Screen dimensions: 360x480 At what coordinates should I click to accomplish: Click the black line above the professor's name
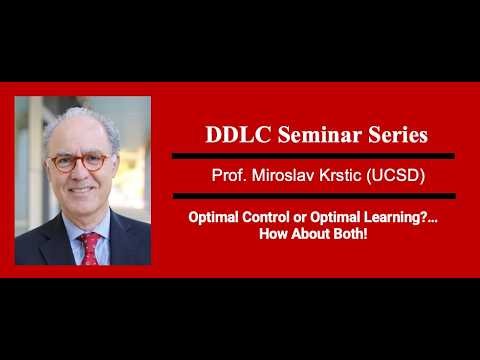(x=313, y=156)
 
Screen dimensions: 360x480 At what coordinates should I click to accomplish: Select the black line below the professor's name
(x=313, y=195)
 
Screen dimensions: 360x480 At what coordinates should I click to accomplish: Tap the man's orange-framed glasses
(x=79, y=160)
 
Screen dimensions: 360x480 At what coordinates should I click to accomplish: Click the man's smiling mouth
(x=81, y=192)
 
